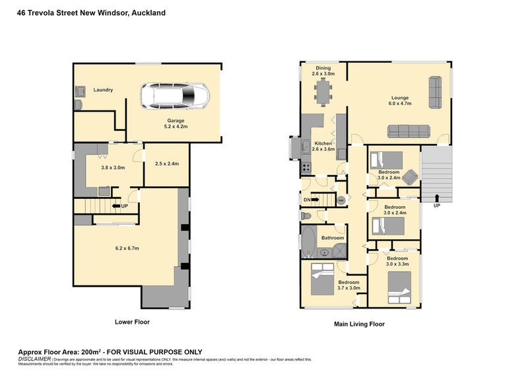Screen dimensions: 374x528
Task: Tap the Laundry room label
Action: [x=104, y=90]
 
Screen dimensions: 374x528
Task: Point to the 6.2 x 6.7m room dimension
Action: [x=127, y=248]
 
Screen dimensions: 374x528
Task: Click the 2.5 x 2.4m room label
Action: [x=167, y=164]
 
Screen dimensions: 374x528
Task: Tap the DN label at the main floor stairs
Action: [x=307, y=200]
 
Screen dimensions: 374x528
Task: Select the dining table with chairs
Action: [x=323, y=91]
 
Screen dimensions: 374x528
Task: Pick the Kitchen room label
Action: [x=323, y=146]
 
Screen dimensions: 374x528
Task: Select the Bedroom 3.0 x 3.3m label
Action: [x=397, y=261]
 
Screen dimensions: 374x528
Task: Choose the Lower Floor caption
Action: [x=132, y=322]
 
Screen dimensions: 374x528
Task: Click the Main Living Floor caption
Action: [x=359, y=324]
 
